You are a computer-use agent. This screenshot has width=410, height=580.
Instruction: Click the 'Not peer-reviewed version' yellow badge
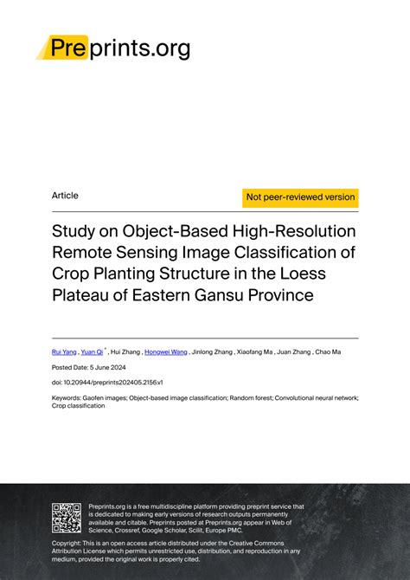300,197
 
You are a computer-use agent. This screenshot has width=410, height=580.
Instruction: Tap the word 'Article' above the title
65,196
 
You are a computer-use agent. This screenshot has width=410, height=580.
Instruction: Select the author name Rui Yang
64,353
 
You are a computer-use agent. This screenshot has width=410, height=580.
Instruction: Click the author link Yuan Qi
93,353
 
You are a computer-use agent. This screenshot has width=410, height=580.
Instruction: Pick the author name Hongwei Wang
165,353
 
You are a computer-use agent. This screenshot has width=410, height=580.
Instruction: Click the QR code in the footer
67,517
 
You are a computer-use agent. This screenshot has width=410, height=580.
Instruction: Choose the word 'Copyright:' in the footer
69,544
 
